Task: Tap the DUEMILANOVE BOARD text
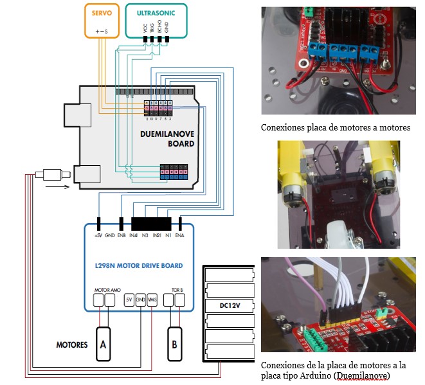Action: click(x=167, y=139)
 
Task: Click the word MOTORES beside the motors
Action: click(x=71, y=345)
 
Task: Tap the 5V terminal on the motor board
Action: click(x=129, y=300)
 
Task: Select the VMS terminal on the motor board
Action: click(x=152, y=300)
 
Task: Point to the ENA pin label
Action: click(x=180, y=236)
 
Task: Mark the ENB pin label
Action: click(x=122, y=236)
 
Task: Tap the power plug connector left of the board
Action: click(x=52, y=174)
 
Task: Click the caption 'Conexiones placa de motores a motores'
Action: click(x=335, y=127)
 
